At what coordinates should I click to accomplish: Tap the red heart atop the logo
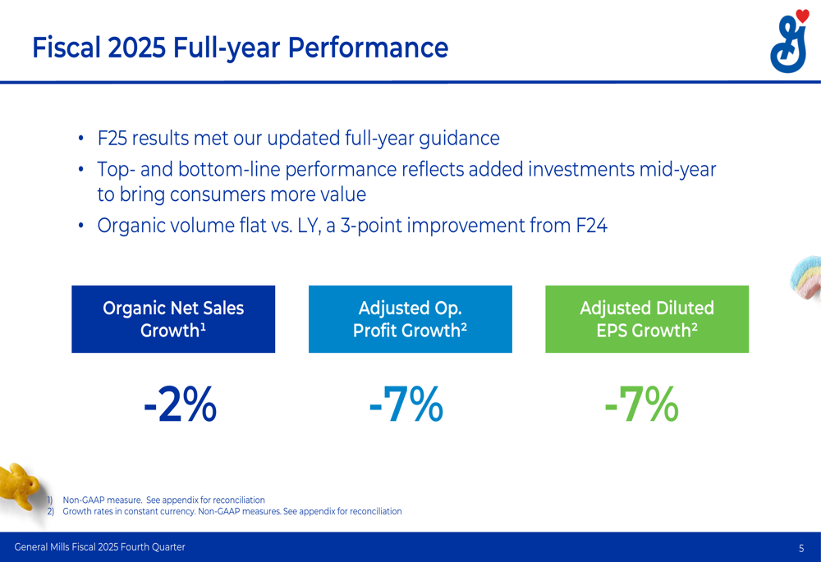click(802, 16)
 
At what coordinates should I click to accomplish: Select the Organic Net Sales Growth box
click(173, 319)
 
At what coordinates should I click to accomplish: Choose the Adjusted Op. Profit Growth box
click(410, 319)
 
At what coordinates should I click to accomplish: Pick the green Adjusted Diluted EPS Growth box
click(647, 319)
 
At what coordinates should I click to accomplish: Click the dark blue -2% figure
click(180, 405)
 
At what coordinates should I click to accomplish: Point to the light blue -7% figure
click(406, 405)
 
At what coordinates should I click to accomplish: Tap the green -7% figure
click(641, 405)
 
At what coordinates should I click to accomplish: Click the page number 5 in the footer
click(801, 548)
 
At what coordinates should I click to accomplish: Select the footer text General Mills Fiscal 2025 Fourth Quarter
click(99, 547)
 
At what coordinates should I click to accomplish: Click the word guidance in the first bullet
click(458, 139)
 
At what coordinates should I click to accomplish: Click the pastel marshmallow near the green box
click(806, 278)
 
